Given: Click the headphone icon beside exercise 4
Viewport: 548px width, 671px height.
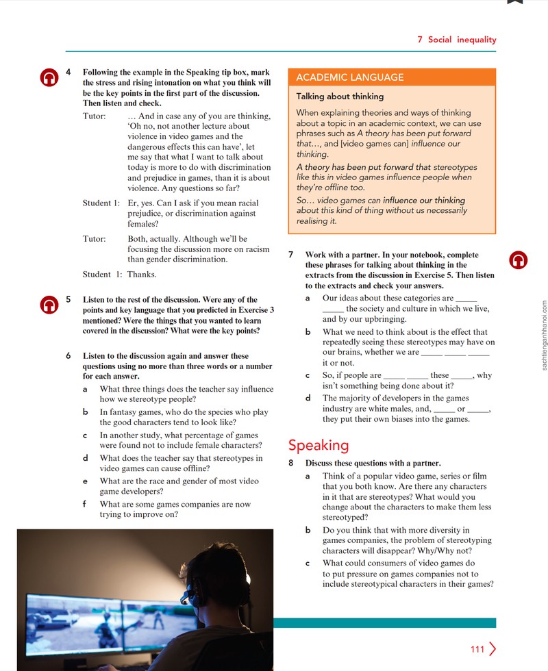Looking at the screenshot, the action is point(49,77).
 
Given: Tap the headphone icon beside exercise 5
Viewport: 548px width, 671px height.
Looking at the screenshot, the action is point(49,305).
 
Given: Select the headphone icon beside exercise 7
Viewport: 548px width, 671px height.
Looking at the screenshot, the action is point(518,259).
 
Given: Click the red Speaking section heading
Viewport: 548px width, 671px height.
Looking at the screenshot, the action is point(319,446).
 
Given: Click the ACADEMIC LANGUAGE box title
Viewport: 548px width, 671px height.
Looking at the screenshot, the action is point(350,77).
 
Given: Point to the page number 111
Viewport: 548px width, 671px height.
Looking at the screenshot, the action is point(477,649).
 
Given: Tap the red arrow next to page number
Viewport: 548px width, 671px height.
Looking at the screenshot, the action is point(493,649).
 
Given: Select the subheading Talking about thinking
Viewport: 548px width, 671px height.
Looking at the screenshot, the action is point(340,97).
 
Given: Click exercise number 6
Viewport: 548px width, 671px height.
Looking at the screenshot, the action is point(68,355).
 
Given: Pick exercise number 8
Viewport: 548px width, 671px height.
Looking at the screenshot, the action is point(291,463).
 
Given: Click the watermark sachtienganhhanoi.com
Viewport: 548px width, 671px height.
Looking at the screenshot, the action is point(544,335).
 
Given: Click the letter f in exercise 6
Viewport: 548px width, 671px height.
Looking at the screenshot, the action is point(84,504).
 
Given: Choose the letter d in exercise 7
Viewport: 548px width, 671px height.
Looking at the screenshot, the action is point(308,398).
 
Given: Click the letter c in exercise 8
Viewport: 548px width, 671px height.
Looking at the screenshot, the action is point(308,563).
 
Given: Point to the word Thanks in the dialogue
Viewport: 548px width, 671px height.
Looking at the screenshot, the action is point(142,275).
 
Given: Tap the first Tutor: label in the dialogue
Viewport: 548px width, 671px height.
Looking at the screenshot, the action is point(95,116).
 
